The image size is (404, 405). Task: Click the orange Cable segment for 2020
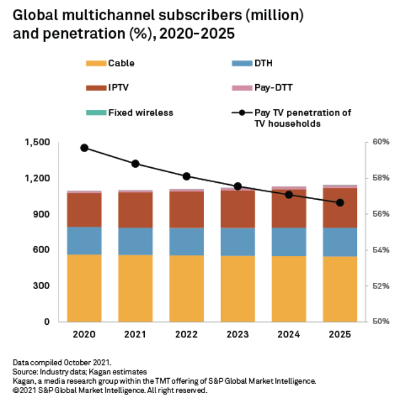click(84, 288)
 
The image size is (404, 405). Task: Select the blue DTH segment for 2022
click(187, 241)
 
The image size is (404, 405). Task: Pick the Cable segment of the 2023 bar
click(238, 288)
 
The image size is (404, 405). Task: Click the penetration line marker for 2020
click(84, 148)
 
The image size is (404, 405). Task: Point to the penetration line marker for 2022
click(187, 176)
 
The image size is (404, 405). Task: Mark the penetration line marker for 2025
click(339, 202)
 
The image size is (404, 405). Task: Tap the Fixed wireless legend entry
click(141, 113)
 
